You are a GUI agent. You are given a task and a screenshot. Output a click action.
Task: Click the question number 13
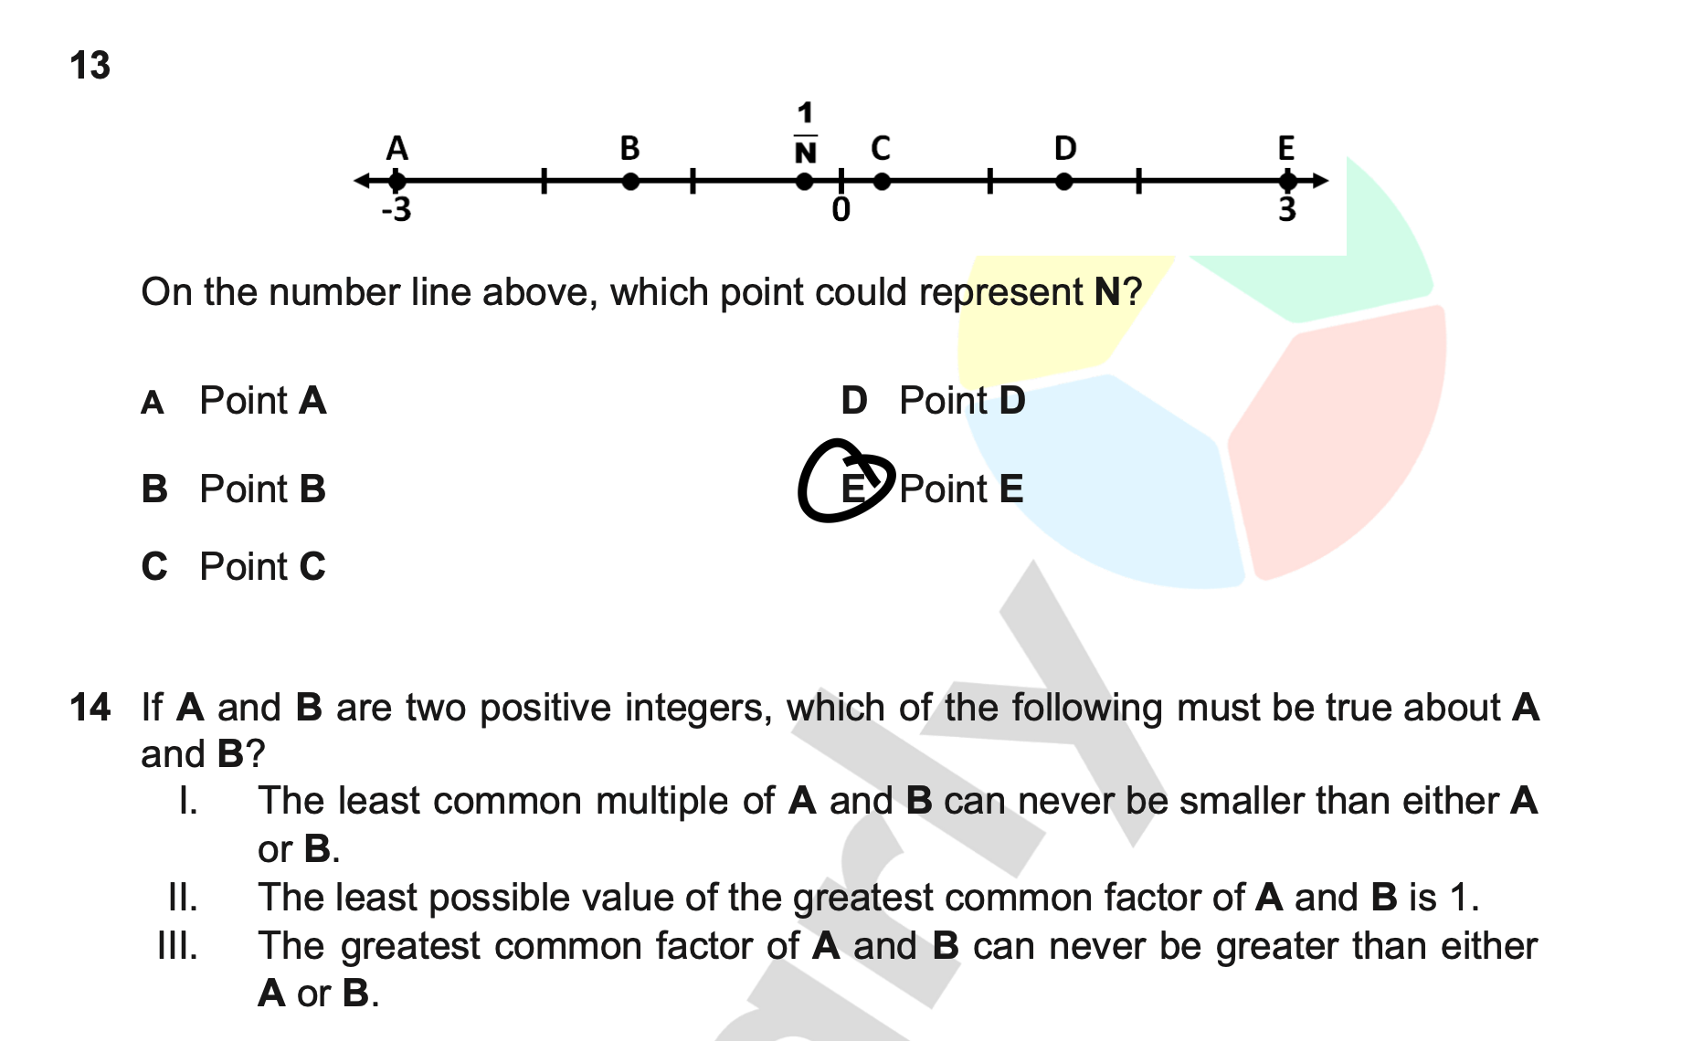tap(90, 66)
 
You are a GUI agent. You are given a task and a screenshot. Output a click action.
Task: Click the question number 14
tap(90, 708)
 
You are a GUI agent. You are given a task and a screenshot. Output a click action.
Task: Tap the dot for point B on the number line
tap(630, 182)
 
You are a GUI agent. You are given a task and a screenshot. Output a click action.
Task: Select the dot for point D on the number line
tap(1064, 182)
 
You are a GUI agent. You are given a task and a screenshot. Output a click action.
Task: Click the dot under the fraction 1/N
tap(804, 182)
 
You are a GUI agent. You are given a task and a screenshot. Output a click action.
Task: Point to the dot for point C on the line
tap(882, 182)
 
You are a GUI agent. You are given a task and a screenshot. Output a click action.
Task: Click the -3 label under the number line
tap(397, 211)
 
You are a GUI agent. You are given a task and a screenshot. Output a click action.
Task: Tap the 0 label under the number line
tap(841, 211)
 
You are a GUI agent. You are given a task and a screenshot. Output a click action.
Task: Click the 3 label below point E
tap(1286, 211)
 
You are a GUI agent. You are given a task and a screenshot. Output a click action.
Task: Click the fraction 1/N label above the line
tap(805, 133)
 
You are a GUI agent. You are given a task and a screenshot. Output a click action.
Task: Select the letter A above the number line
tap(397, 148)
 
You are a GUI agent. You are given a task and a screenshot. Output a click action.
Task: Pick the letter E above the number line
tap(1286, 148)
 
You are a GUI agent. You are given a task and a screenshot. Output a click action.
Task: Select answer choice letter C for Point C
tap(154, 567)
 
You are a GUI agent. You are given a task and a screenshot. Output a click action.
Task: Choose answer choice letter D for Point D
tap(853, 401)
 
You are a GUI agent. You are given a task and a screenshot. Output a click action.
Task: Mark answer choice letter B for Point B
tap(154, 489)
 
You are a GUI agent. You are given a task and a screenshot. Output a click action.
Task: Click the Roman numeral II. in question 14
tap(183, 898)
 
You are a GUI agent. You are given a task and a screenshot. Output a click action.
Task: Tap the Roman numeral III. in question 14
tap(177, 946)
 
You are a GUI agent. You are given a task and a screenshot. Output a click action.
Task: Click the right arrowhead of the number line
tap(1319, 181)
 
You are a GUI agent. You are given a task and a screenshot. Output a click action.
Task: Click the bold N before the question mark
tap(1106, 292)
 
